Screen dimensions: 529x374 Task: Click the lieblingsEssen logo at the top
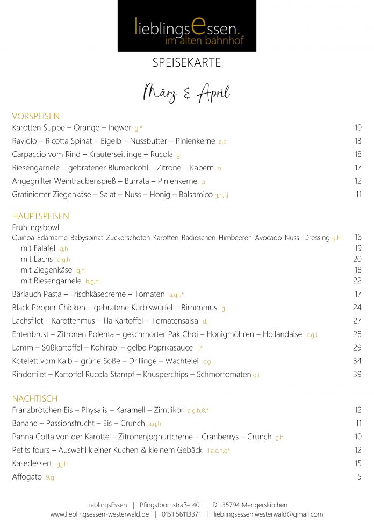[x=186, y=26]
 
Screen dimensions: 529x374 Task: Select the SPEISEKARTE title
[x=186, y=63]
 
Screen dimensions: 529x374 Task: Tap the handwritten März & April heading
[x=186, y=92]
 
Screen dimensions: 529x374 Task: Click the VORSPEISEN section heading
[x=36, y=116]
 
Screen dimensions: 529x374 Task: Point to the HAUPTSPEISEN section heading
[x=41, y=216]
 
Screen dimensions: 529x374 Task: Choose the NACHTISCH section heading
[x=35, y=398]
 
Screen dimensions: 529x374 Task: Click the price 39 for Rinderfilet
[x=357, y=374]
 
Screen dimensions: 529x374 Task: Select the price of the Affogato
[x=359, y=476]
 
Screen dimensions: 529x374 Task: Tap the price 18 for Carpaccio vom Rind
[x=357, y=154]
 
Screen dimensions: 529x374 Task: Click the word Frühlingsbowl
[x=35, y=227]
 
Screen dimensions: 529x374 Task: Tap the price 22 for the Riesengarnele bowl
[x=357, y=280]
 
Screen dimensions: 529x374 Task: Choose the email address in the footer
[x=268, y=514]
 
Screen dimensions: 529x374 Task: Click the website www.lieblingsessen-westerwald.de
[x=99, y=514]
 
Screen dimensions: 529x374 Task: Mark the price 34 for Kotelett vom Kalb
[x=357, y=361]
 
